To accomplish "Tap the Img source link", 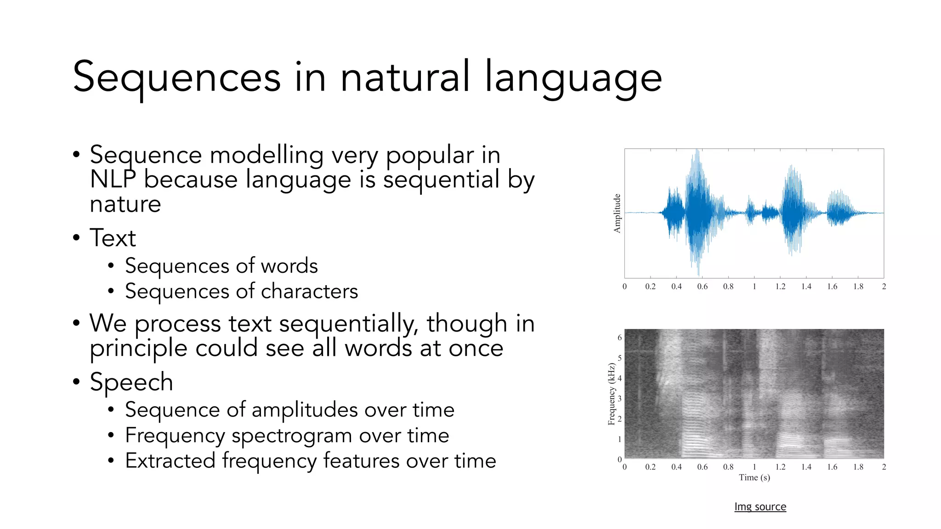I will point(760,506).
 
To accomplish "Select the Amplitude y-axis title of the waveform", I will point(617,213).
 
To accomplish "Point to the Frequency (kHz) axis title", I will point(611,394).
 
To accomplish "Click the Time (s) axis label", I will point(754,478).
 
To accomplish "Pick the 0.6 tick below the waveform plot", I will point(702,287).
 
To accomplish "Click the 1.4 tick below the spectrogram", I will point(806,467).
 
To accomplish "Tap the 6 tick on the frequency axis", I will point(619,338).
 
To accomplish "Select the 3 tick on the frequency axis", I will point(619,399).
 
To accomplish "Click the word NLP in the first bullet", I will point(113,180).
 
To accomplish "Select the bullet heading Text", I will point(113,238).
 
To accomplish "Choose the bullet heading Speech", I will point(131,382).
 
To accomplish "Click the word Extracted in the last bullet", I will point(170,461).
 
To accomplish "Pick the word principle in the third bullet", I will point(138,349).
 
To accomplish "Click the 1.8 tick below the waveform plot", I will point(858,287).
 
